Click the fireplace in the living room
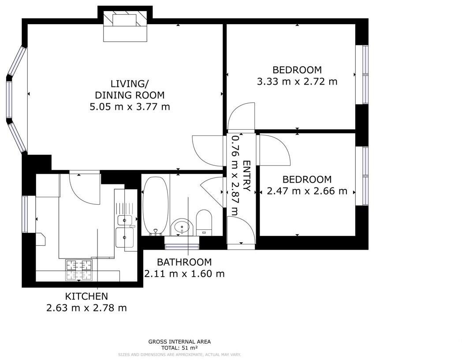pyautogui.click(x=125, y=26)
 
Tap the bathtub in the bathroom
pyautogui.click(x=155, y=206)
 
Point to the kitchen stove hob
pyautogui.click(x=79, y=270)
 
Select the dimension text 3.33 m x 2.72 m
pyautogui.click(x=297, y=82)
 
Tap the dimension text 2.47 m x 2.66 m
pyautogui.click(x=307, y=191)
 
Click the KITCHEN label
pyautogui.click(x=86, y=296)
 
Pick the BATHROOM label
pyautogui.click(x=184, y=262)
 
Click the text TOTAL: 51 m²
pyautogui.click(x=179, y=348)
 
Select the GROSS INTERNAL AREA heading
pyautogui.click(x=179, y=341)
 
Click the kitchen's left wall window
pyautogui.click(x=25, y=214)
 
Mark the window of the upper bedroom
pyautogui.click(x=365, y=75)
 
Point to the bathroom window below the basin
pyautogui.click(x=181, y=240)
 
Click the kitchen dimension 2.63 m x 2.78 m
pyautogui.click(x=86, y=308)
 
